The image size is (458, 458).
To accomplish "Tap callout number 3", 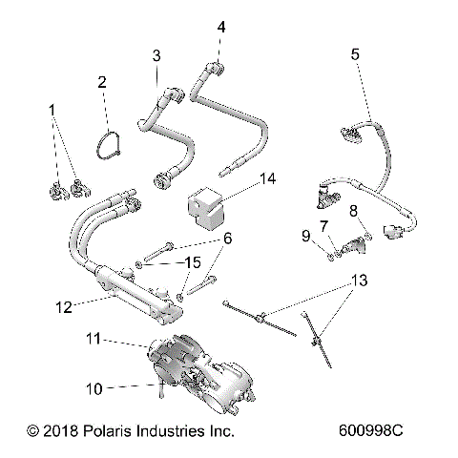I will click(x=155, y=56).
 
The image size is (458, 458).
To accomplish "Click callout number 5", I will click(x=355, y=54).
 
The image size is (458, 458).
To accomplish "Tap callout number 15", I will click(x=192, y=261).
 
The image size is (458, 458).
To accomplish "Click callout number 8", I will click(x=352, y=210).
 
